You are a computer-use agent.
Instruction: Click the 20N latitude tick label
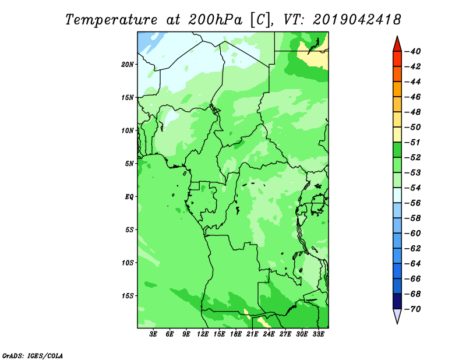[x=128, y=65]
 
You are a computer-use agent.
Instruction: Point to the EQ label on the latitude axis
[x=129, y=197]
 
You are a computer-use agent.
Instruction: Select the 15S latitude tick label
[x=128, y=296]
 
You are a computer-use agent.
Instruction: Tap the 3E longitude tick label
[x=153, y=334]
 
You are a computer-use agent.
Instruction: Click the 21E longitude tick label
[x=252, y=334]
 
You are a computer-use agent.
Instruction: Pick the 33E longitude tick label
[x=318, y=334]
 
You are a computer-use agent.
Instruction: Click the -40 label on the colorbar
[x=413, y=51]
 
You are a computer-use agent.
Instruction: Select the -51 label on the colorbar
[x=413, y=142]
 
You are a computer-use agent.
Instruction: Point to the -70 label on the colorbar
[x=413, y=309]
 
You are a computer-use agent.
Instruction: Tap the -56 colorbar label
[x=413, y=203]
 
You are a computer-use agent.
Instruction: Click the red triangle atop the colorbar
[x=397, y=44]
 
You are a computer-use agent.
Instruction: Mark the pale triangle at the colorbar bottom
[x=397, y=316]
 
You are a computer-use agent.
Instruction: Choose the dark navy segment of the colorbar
[x=397, y=301]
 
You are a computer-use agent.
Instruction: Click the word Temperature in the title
[x=111, y=20]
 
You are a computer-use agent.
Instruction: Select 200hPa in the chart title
[x=215, y=20]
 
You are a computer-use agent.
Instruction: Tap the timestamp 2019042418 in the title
[x=357, y=20]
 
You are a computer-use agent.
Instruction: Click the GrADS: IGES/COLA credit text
[x=33, y=356]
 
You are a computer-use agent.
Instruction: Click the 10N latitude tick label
[x=128, y=130]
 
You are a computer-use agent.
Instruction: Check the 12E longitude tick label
[x=203, y=334]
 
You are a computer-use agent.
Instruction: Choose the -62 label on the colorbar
[x=413, y=249]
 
